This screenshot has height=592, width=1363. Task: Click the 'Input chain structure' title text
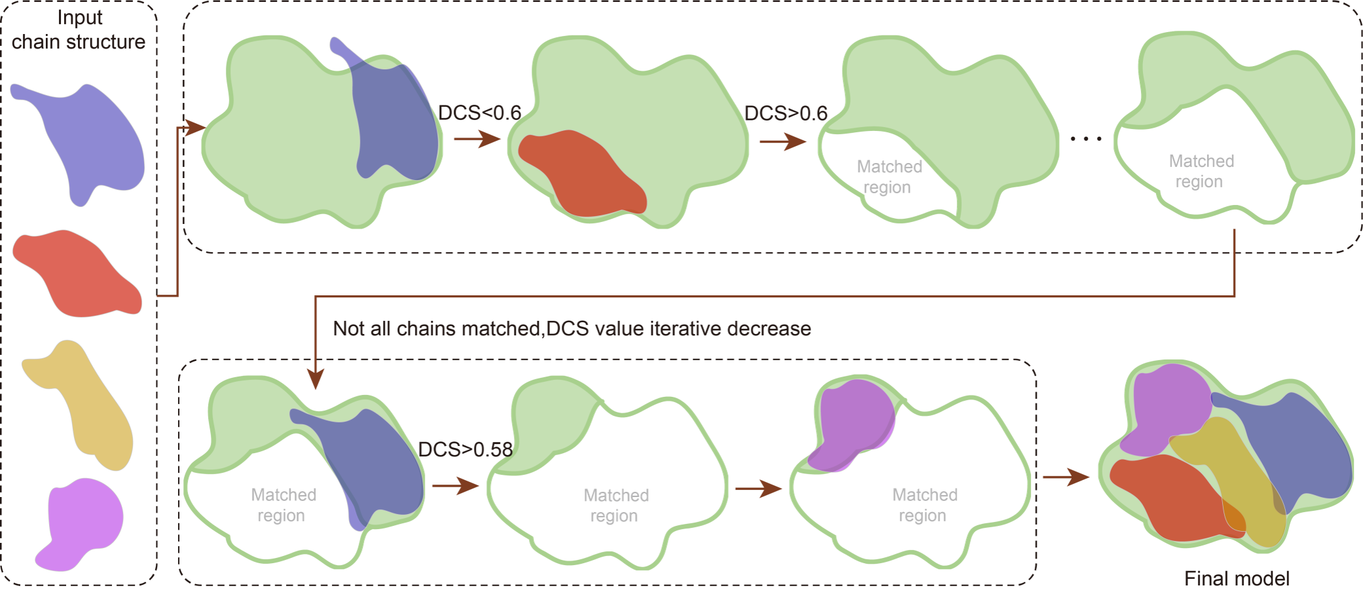click(x=79, y=30)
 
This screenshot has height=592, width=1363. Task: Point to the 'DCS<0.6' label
click(x=480, y=113)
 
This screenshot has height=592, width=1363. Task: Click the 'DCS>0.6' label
click(x=786, y=113)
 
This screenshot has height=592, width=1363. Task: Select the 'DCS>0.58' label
click(x=465, y=449)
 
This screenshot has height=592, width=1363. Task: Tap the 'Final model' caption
click(x=1236, y=578)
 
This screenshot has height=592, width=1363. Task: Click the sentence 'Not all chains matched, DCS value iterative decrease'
click(x=572, y=328)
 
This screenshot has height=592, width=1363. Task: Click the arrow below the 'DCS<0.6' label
click(x=477, y=139)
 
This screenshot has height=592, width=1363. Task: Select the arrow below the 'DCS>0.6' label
click(x=783, y=141)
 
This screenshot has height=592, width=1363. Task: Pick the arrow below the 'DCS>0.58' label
click(x=456, y=486)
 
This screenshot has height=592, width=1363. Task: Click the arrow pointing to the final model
click(x=1066, y=477)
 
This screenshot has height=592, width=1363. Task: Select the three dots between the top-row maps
click(x=1086, y=138)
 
